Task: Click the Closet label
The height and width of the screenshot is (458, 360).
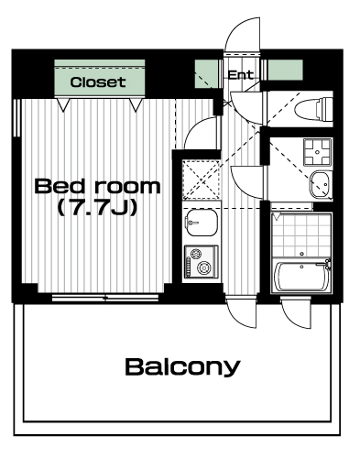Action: [98, 82]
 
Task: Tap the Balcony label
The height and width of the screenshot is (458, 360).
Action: [182, 367]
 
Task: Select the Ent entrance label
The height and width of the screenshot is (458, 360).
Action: [241, 75]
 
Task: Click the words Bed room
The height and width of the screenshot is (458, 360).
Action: [97, 186]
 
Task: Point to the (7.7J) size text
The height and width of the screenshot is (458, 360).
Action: [97, 208]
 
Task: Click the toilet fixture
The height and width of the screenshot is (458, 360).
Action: [313, 109]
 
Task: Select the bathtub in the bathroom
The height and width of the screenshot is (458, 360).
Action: [301, 277]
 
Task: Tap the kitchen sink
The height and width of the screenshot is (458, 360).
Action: [202, 223]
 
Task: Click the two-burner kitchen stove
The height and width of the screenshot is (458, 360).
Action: [201, 262]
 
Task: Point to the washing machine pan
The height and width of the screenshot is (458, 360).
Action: [317, 152]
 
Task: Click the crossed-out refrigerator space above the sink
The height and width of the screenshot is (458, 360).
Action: [202, 180]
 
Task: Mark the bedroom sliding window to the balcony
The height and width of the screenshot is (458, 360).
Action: [105, 298]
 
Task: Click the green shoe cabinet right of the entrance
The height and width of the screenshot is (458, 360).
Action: [285, 70]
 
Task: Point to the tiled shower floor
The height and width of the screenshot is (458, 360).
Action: [301, 235]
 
